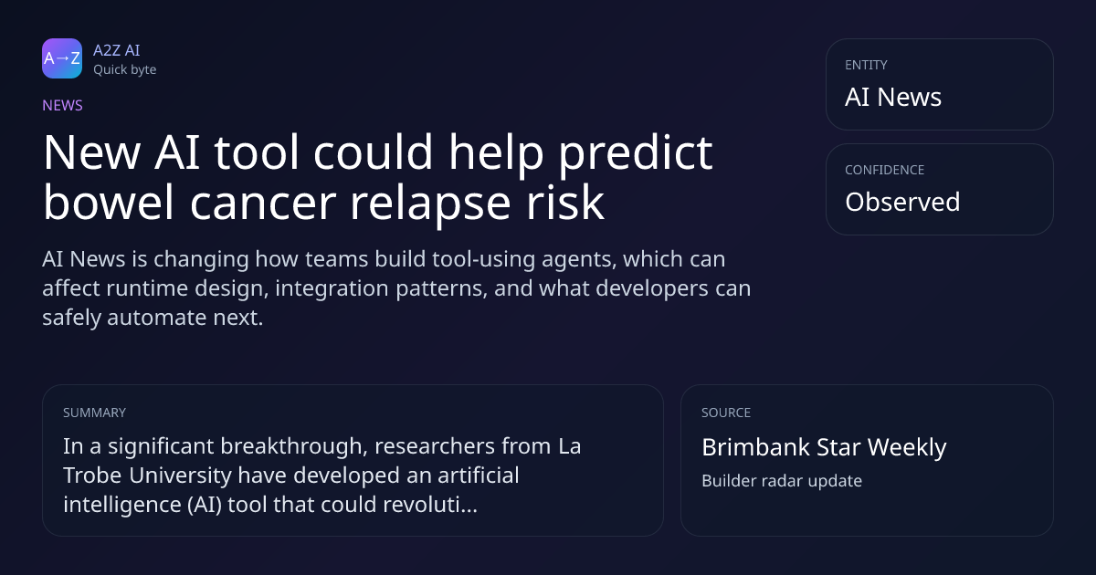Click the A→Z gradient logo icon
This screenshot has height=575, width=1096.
point(62,58)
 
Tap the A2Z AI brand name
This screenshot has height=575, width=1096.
point(117,50)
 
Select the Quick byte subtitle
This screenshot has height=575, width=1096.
point(125,70)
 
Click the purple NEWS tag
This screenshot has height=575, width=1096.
point(63,106)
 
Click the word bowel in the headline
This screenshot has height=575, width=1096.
point(108,202)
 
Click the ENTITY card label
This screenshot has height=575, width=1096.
point(866,65)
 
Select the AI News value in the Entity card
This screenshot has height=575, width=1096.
point(893,97)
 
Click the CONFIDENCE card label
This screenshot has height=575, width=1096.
point(885,170)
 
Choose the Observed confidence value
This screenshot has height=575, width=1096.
point(902,202)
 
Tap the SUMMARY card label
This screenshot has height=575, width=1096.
point(94,413)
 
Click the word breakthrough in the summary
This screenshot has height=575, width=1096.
point(293,446)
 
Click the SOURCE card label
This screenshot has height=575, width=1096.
point(726,413)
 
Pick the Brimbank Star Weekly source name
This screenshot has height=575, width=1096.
point(824,447)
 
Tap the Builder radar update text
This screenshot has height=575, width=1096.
point(782,481)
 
